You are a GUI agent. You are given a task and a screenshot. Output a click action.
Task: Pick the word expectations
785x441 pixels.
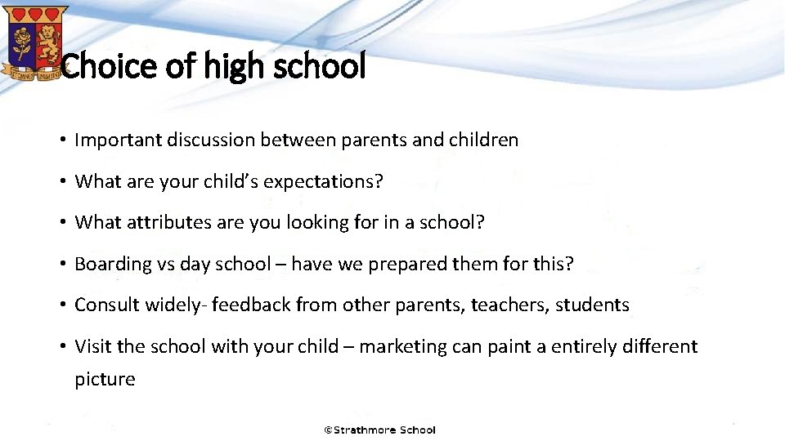(x=321, y=181)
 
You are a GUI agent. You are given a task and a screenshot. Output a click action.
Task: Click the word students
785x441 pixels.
(x=592, y=305)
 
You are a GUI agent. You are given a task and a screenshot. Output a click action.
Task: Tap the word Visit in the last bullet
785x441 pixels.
(x=93, y=346)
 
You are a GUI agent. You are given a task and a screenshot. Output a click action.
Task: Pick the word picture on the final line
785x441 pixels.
(x=105, y=379)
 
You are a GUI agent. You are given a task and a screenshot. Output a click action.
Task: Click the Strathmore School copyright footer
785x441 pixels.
(x=380, y=430)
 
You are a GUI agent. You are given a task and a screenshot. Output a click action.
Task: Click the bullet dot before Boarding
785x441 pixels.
(x=62, y=264)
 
